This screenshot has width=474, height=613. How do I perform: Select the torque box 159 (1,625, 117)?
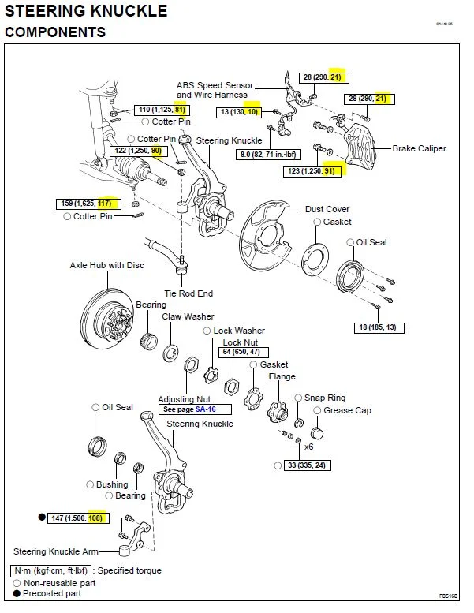[88, 204]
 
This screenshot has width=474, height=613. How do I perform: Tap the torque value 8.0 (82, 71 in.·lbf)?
[268, 155]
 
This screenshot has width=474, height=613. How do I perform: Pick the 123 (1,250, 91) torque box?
[312, 171]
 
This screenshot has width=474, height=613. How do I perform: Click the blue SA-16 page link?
[206, 409]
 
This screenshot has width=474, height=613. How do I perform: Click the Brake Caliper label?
[419, 148]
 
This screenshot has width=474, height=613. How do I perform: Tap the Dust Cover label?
[327, 209]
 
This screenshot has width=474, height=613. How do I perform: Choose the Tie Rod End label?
[188, 293]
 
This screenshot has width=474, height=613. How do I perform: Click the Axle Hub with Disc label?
[106, 265]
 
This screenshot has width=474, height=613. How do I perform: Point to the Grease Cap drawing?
[316, 433]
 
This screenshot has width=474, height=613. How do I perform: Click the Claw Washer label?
[188, 316]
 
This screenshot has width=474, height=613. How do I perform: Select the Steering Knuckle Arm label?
[56, 551]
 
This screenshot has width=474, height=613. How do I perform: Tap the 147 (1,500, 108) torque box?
[78, 518]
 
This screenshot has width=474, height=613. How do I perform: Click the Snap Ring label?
[325, 398]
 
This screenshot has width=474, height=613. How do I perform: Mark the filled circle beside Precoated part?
[17, 593]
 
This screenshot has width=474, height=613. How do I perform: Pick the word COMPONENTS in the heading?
[55, 32]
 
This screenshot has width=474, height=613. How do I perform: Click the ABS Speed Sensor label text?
[215, 85]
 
